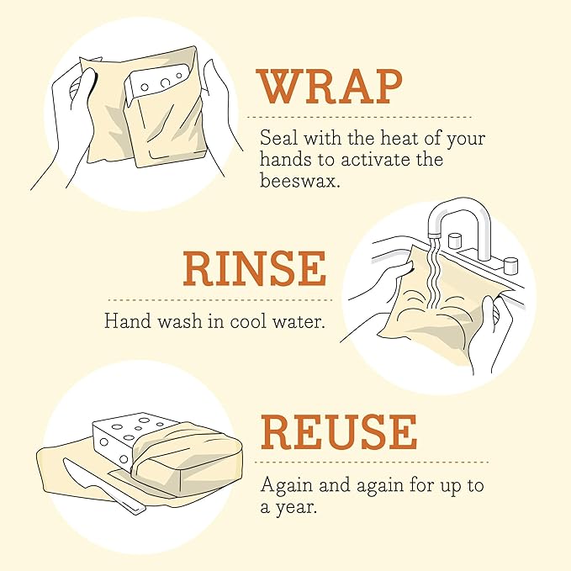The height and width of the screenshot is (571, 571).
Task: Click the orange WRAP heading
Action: [330, 86]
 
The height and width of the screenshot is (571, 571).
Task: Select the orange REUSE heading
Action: [339, 432]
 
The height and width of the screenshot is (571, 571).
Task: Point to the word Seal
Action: [278, 138]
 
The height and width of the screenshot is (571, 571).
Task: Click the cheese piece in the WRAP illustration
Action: [155, 88]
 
